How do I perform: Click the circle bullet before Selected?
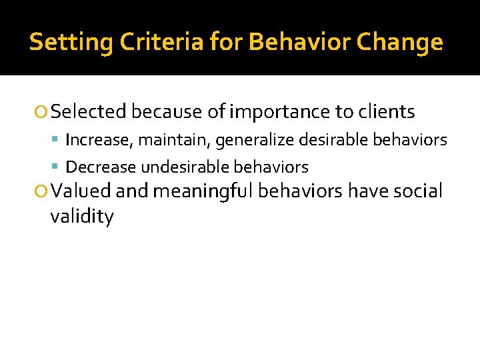tap(43, 113)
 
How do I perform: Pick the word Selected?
tap(89, 112)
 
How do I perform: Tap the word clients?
tap(387, 112)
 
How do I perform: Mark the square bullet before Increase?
tap(57, 141)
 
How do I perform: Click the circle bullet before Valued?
tap(43, 192)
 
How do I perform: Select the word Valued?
tap(81, 191)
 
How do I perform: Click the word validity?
tap(82, 217)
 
